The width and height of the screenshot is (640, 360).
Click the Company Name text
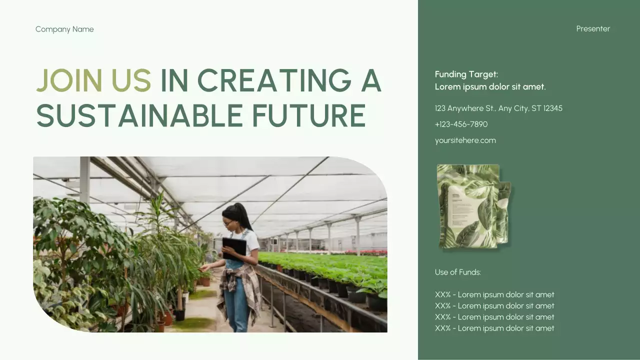coord(64,29)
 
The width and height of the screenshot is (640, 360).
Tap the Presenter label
coord(593,28)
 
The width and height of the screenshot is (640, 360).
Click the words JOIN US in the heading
coord(93,80)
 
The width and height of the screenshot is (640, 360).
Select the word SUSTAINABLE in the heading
coord(139,115)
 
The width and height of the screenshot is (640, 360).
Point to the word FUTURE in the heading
coord(308,115)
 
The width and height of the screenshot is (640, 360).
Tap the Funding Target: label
coord(466,74)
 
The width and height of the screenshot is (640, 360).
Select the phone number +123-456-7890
coord(461,124)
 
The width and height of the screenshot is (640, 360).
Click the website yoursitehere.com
coord(465,140)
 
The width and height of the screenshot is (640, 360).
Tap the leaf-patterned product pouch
coord(472,206)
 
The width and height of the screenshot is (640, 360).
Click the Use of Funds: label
coord(457,272)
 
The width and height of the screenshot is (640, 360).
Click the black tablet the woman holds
coord(234,247)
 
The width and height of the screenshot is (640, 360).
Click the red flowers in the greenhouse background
coord(370,252)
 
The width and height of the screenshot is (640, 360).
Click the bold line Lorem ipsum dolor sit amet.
coord(490,86)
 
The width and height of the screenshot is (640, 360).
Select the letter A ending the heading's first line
coord(370,80)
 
